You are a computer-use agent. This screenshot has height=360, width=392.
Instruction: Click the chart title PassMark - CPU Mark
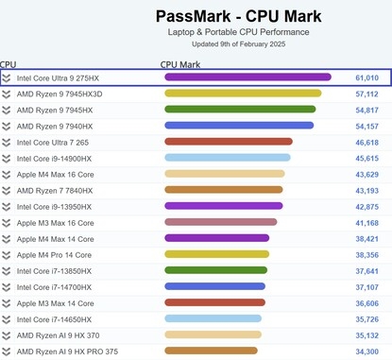(x=238, y=15)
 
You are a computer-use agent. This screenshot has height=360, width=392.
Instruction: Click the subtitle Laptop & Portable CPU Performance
(x=238, y=32)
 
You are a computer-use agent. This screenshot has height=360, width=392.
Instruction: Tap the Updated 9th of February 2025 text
(x=238, y=44)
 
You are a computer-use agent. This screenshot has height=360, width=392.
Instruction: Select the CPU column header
(x=9, y=64)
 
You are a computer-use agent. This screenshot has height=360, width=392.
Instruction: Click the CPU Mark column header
(x=180, y=64)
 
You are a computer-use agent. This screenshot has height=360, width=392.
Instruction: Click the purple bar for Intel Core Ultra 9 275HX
(x=247, y=77)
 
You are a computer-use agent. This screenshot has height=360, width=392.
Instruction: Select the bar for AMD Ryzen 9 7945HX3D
(x=243, y=94)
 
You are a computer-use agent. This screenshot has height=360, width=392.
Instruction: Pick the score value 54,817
(x=366, y=110)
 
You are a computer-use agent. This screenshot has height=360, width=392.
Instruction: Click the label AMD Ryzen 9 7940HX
(x=54, y=126)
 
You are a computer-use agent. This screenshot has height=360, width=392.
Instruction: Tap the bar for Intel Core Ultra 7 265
(x=229, y=142)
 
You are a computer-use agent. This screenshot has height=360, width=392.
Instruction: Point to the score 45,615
(x=366, y=158)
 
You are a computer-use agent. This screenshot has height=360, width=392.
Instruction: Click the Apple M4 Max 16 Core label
(x=55, y=174)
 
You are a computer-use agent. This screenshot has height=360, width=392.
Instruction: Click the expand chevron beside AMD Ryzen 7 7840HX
(x=7, y=190)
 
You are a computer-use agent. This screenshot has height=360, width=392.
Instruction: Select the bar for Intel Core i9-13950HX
(x=223, y=206)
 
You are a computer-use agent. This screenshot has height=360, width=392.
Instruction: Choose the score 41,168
(x=366, y=222)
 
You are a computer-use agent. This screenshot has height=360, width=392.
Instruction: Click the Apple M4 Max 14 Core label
(x=55, y=238)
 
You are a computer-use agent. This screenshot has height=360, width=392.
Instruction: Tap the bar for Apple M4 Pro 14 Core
(x=216, y=254)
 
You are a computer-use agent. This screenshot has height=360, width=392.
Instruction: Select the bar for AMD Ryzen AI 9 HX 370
(x=212, y=334)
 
